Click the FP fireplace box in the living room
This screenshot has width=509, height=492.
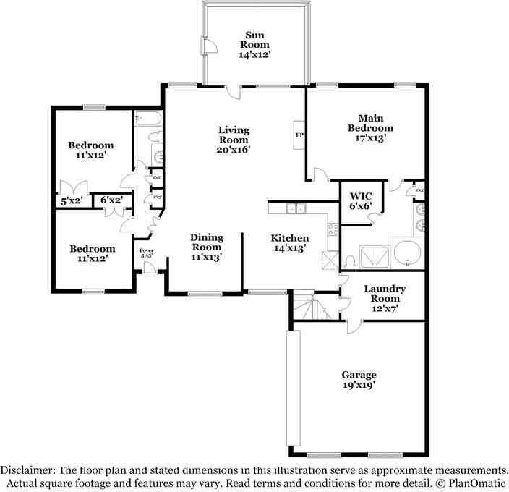pos(299,134)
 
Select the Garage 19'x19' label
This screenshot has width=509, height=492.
pos(359,380)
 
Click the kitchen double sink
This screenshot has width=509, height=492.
pos(296,209)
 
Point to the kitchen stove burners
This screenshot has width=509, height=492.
pos(333,231)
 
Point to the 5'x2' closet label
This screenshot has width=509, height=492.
pos(72,200)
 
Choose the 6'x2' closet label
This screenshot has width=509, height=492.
pos(111,200)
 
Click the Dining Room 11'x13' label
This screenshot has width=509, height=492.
pos(206,246)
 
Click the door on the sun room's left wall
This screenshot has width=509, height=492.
pos(208,46)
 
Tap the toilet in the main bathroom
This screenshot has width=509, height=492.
pos(348,260)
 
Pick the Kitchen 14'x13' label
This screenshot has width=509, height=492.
pos(290,242)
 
